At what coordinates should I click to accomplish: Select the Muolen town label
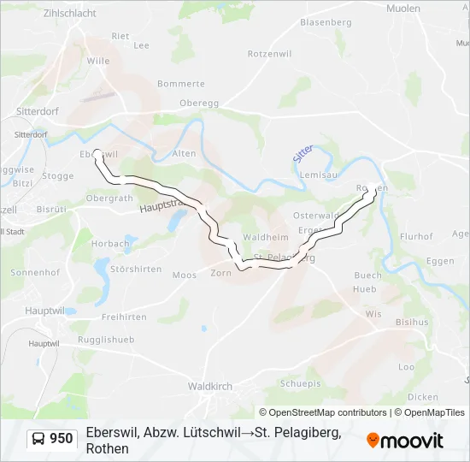[403, 9]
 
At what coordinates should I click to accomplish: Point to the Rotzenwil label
[270, 53]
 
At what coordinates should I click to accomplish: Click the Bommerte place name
[181, 84]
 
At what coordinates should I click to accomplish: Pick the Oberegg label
[199, 103]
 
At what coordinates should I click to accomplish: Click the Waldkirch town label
[209, 387]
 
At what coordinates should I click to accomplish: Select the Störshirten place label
[137, 269]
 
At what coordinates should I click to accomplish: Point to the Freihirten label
[125, 317]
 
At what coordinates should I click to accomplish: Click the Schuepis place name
[301, 383]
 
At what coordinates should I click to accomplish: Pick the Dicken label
[423, 397]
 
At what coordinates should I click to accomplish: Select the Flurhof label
[417, 237]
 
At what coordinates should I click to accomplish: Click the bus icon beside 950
[38, 440]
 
